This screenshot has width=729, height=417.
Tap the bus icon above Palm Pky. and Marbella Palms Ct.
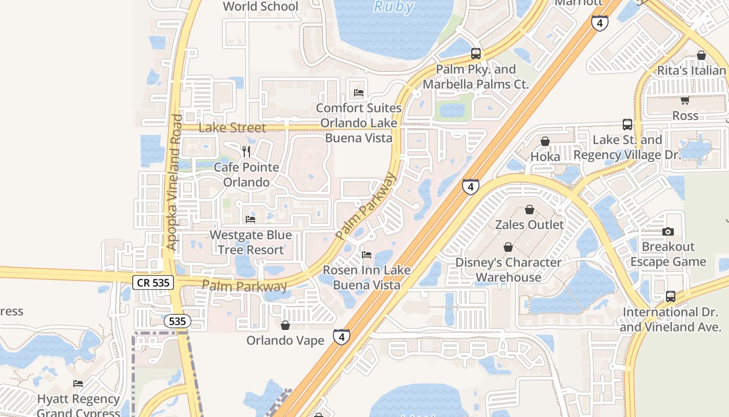coord(475,53)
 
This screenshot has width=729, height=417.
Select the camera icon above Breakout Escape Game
coord(668,231)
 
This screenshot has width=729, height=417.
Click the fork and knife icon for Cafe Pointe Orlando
coord(246,152)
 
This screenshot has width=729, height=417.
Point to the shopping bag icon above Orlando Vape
coord(285,326)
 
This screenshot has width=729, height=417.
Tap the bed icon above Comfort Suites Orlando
coord(358,93)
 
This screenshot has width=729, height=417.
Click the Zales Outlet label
coord(529,225)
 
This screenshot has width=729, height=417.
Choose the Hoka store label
coord(545,156)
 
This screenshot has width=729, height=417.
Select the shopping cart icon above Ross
coord(685,100)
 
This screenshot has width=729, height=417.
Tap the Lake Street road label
coord(232,128)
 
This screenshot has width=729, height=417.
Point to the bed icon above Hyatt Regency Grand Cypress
coord(78,384)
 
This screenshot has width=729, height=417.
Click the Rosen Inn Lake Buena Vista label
coord(367,277)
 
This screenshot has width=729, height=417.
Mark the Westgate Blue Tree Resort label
coord(250,242)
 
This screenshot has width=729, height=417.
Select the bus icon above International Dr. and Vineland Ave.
coord(671,297)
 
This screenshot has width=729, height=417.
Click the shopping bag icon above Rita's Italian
coord(701,55)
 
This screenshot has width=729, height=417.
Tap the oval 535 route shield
coord(178,321)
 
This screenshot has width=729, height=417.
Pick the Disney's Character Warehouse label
coord(508,269)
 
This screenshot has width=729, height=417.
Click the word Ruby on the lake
coord(394,7)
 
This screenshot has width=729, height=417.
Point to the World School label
coord(260,6)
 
